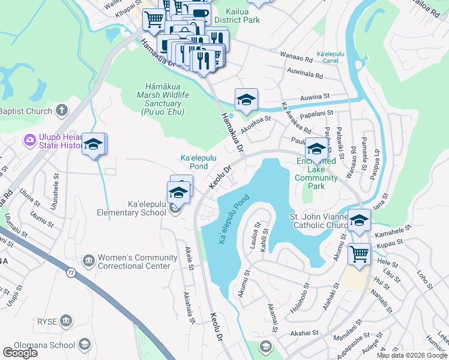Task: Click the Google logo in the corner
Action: coord(20,353)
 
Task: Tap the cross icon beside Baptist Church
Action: coord(61,110)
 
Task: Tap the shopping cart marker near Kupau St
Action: coord(359,254)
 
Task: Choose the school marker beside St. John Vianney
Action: coord(359,220)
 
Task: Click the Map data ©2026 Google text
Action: coord(411,355)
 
